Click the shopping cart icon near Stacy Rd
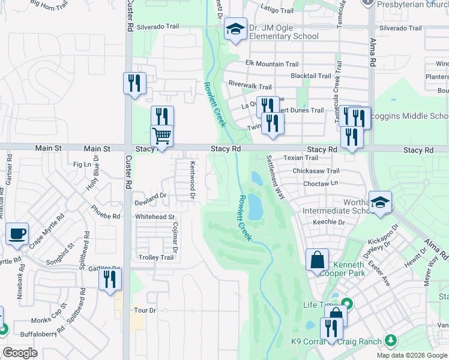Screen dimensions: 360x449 (161, 136)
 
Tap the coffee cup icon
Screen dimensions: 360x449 (17, 233)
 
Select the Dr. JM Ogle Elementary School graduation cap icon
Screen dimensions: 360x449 (236, 29)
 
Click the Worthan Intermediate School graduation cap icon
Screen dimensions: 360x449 (380, 202)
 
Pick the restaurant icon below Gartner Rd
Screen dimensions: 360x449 (110, 279)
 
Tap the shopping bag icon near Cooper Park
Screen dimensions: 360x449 (317, 260)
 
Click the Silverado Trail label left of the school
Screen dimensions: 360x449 (158, 27)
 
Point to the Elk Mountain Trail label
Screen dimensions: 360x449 (272, 64)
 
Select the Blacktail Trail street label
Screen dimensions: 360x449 (310, 76)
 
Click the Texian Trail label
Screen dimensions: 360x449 (301, 158)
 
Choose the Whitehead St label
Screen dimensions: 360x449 (154, 217)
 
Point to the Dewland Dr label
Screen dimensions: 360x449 (150, 196)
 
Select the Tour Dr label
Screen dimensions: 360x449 (145, 310)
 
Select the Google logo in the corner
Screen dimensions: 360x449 (20, 353)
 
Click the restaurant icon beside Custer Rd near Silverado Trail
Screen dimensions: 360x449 (134, 83)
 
